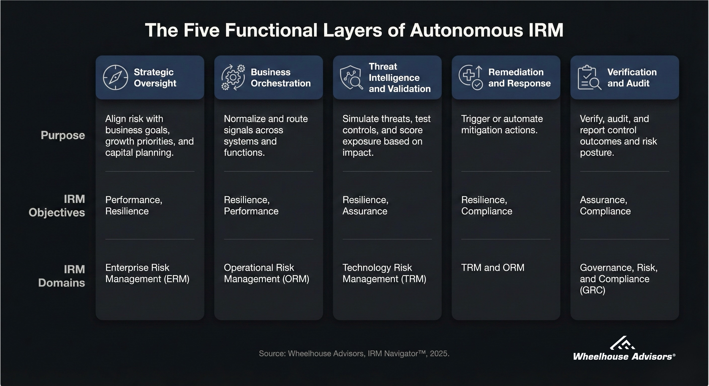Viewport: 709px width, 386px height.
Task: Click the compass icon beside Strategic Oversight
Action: tap(115, 77)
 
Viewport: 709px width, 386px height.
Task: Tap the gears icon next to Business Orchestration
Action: tap(233, 77)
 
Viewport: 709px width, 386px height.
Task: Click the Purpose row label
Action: tap(63, 135)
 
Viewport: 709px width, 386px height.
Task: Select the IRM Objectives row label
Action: tap(57, 206)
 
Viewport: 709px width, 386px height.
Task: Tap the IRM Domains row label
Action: tap(62, 276)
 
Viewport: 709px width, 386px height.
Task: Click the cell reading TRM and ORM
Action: tap(493, 268)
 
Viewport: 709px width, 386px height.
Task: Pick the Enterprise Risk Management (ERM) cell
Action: tap(147, 273)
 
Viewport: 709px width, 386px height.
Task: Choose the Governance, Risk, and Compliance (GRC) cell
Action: tap(619, 279)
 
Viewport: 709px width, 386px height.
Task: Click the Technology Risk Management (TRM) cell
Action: tap(384, 273)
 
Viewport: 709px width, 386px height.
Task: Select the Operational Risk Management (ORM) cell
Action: tap(266, 273)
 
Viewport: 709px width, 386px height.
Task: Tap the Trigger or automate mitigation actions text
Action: tap(502, 124)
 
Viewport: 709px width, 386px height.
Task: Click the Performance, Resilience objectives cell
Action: tap(134, 205)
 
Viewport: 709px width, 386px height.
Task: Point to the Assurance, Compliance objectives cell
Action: tap(605, 205)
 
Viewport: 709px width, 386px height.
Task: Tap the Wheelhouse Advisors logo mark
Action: tap(623, 343)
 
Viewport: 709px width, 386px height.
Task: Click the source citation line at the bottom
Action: tap(354, 353)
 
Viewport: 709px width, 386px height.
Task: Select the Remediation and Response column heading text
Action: tap(519, 78)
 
